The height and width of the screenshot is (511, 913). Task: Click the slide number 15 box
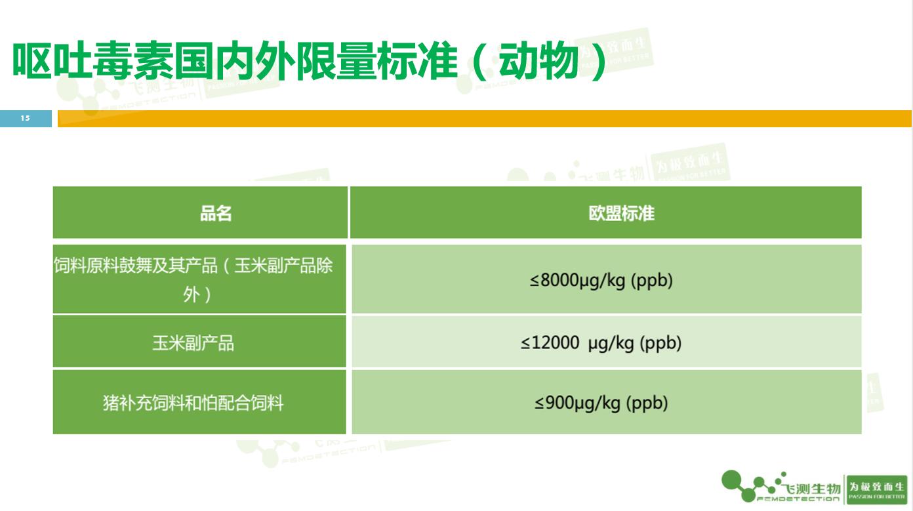point(26,119)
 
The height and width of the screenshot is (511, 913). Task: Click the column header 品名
point(216,213)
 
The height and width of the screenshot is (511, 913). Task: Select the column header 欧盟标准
point(620,213)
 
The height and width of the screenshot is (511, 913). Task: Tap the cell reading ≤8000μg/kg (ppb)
point(601,281)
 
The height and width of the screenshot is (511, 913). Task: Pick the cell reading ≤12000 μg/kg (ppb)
point(601,342)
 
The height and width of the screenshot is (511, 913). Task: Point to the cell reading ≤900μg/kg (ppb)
point(601,402)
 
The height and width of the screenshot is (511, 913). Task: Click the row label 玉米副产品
point(193,342)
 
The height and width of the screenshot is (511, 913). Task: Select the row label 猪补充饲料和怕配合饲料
point(193,402)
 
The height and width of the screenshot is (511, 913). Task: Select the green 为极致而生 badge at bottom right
point(876,489)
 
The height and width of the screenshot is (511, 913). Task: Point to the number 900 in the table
point(559,402)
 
